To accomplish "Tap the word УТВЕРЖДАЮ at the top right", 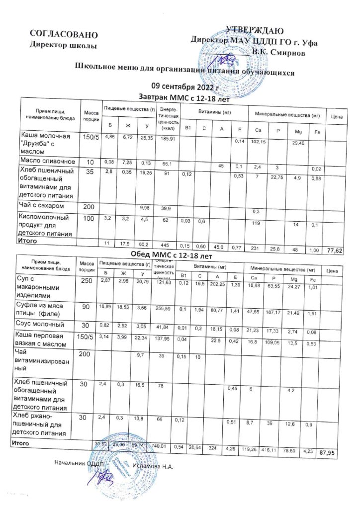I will [x=255, y=31].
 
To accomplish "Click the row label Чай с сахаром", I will [x=41, y=205].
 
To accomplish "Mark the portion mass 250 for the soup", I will [x=87, y=282].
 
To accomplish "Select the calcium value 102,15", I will [x=257, y=143].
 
